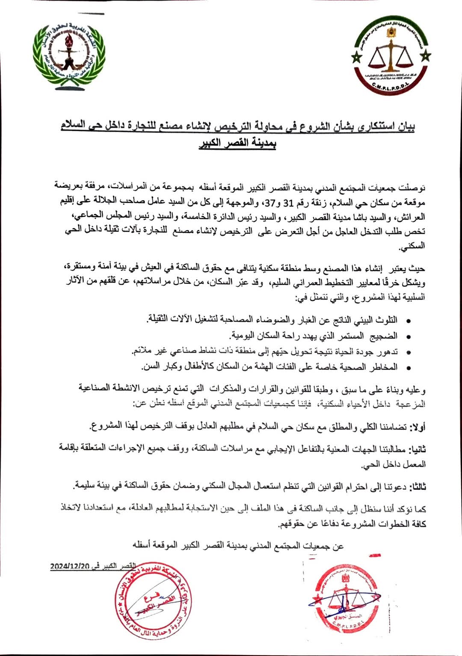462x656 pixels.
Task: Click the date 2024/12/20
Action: (70, 566)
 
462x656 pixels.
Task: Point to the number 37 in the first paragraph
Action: (268, 202)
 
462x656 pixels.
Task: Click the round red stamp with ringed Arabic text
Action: (153, 600)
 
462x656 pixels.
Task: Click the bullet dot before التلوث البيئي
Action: (408, 321)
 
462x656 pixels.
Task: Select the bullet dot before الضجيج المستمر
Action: (408, 337)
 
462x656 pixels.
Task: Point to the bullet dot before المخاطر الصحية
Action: (408, 368)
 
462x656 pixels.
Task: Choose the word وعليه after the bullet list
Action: (417, 389)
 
